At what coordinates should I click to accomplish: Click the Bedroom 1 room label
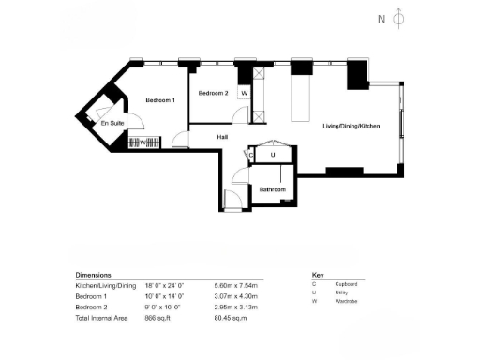[x=159, y=100]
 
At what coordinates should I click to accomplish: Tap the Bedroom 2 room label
[x=213, y=93]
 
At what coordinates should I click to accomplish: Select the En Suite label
[x=112, y=122]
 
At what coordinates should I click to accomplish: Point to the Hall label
[x=223, y=137]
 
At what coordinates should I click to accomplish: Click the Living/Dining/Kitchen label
[x=351, y=126]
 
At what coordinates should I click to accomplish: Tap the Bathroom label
[x=272, y=189]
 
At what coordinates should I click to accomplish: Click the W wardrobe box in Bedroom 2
[x=244, y=94]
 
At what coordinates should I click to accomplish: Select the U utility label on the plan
[x=273, y=155]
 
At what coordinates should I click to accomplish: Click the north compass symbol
[x=397, y=18]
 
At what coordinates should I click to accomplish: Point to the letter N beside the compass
[x=381, y=19]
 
